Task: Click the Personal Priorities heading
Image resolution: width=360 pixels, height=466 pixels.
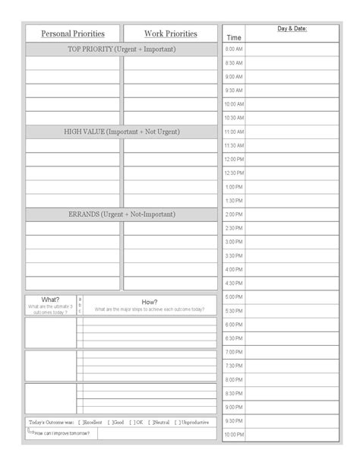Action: click(x=72, y=33)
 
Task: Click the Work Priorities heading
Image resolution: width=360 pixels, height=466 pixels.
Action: click(x=170, y=33)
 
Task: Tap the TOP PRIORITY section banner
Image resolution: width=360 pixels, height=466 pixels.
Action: click(x=122, y=49)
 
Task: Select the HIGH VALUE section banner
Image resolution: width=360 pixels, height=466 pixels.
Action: click(x=122, y=132)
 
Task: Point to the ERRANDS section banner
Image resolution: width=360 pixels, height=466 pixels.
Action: click(x=122, y=214)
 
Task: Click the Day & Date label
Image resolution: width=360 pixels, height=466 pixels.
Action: click(x=292, y=29)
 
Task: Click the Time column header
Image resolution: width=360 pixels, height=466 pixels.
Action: click(x=234, y=36)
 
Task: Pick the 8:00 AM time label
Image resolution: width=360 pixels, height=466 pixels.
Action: click(x=234, y=49)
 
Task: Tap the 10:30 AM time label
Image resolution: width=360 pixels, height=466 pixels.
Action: click(x=234, y=118)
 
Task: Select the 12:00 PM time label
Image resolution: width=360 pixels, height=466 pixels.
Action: click(x=234, y=160)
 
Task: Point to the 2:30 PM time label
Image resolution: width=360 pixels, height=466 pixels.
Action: click(x=234, y=228)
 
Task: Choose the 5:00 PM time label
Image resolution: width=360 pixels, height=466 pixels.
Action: click(x=234, y=296)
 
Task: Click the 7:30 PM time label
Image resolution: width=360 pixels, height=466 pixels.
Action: click(x=234, y=366)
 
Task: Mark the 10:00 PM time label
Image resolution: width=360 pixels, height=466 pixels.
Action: click(x=234, y=435)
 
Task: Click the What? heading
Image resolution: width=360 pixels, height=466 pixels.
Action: click(x=51, y=300)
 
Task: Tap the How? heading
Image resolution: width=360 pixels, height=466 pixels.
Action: click(x=150, y=302)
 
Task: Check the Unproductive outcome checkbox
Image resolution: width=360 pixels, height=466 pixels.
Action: click(x=177, y=422)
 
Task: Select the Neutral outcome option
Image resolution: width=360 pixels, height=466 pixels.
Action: click(x=151, y=422)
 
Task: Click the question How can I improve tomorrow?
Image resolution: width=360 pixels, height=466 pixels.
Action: click(x=63, y=433)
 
